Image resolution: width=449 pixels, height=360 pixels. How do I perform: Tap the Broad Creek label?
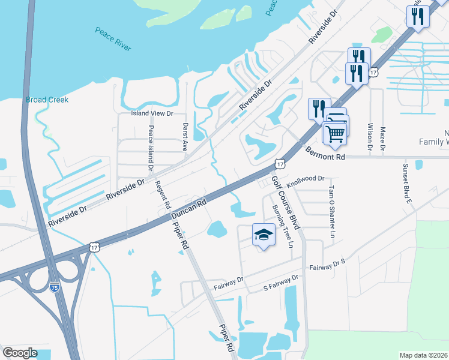(47, 100)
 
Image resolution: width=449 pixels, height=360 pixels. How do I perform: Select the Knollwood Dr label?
(305, 178)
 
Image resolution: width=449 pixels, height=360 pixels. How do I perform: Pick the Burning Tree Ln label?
(282, 226)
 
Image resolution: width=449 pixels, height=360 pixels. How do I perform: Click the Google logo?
(20, 353)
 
